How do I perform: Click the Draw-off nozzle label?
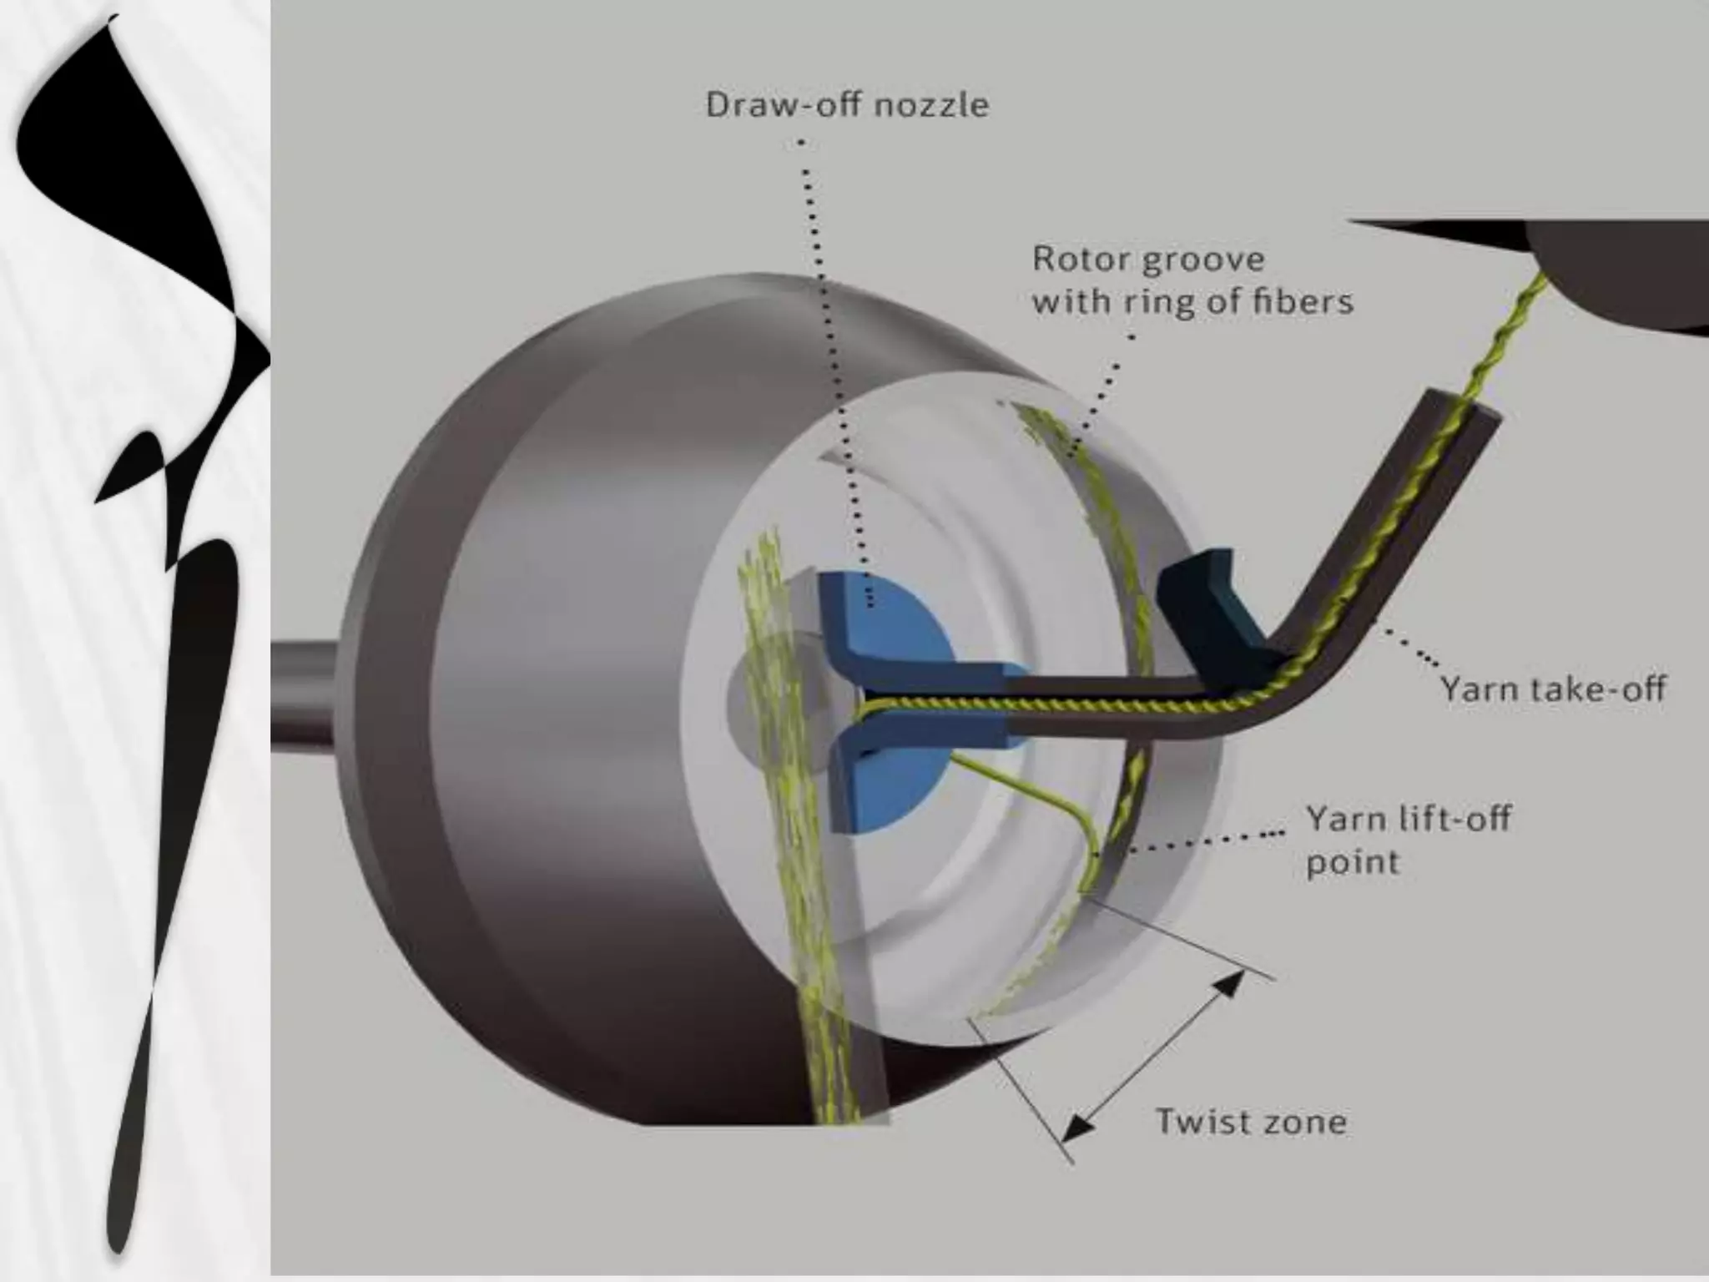[x=847, y=105]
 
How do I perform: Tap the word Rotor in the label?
[x=1081, y=259]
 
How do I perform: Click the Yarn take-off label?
[x=1552, y=689]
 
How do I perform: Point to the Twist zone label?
[x=1250, y=1121]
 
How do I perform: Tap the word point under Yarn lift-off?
[x=1352, y=861]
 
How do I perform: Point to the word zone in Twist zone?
[x=1303, y=1121]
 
